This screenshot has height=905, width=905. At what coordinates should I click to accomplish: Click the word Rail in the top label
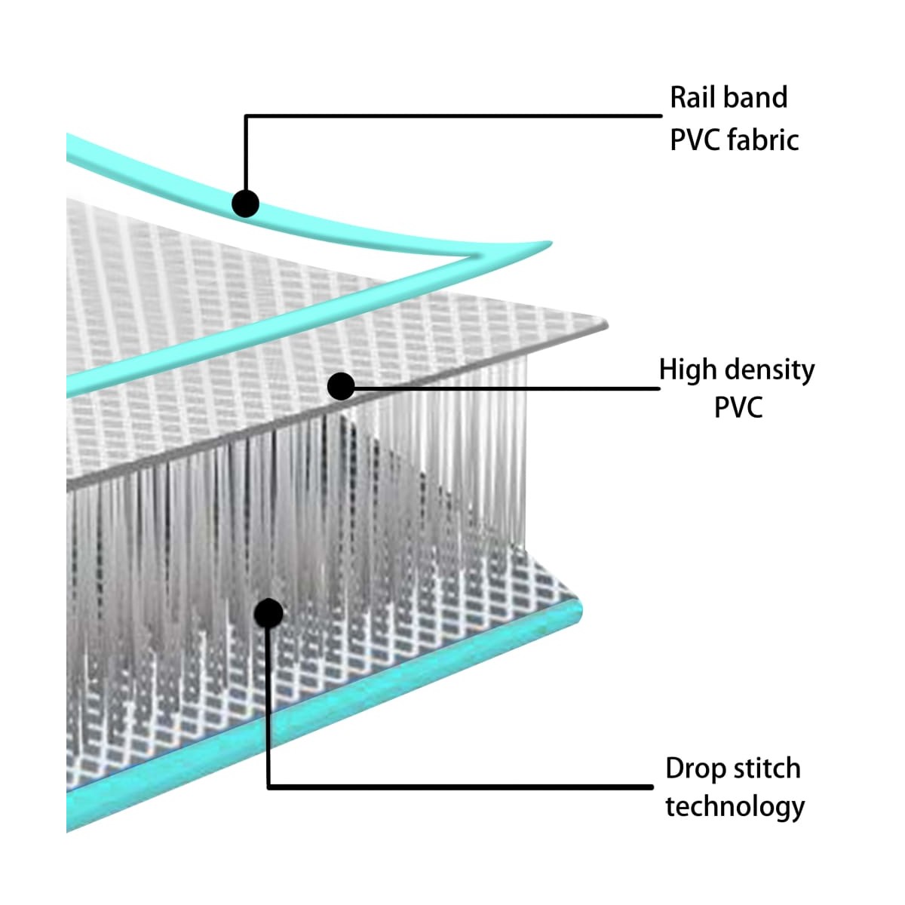point(693,97)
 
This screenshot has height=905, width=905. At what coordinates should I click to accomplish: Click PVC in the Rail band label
point(694,140)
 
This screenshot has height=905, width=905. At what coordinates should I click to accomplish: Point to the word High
point(688,371)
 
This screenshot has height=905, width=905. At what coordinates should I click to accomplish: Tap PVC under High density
point(738,407)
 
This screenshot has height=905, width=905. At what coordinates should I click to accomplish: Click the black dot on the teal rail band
point(245,204)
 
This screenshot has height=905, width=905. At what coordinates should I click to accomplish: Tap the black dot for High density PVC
point(341,387)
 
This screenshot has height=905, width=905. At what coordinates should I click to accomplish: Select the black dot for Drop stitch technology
point(268,613)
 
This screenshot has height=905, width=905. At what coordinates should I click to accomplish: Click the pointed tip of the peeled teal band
point(551,243)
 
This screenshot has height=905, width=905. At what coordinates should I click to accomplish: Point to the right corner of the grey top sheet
point(607,324)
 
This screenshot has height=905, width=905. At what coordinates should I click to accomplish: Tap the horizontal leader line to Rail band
point(453,115)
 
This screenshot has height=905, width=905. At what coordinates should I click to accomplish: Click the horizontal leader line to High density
point(501,388)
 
